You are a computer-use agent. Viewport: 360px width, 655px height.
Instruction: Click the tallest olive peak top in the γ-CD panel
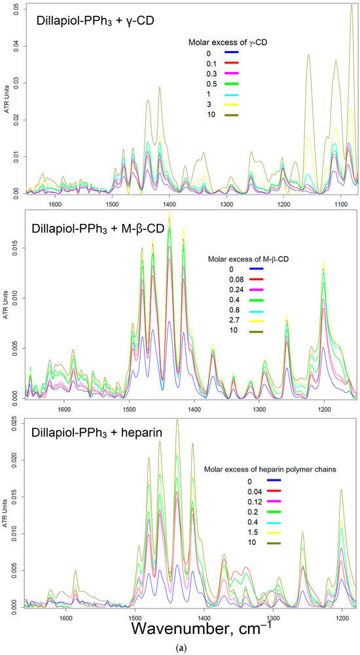pos(351,5)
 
